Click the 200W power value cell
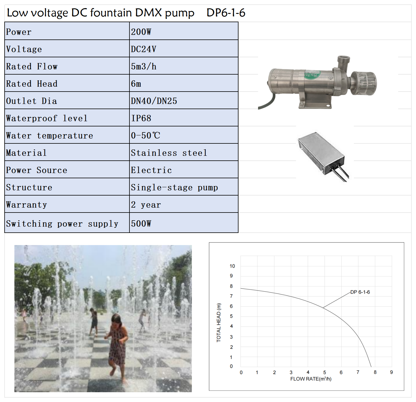pyautogui.click(x=141, y=32)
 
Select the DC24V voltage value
pyautogui.click(x=144, y=49)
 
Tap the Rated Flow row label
pyautogui.click(x=32, y=67)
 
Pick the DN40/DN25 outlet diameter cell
pyautogui.click(x=154, y=101)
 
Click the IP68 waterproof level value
pyautogui.click(x=141, y=118)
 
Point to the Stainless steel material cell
pyautogui.click(x=169, y=153)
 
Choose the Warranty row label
pyautogui.click(x=26, y=205)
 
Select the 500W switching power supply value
pyautogui.click(x=141, y=223)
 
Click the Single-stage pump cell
pyautogui.click(x=174, y=187)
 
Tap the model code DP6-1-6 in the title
pyautogui.click(x=226, y=13)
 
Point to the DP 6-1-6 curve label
pyautogui.click(x=360, y=292)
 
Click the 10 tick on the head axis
pyautogui.click(x=232, y=266)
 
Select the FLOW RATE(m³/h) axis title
pyautogui.click(x=311, y=379)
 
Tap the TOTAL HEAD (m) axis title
pyautogui.click(x=219, y=323)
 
